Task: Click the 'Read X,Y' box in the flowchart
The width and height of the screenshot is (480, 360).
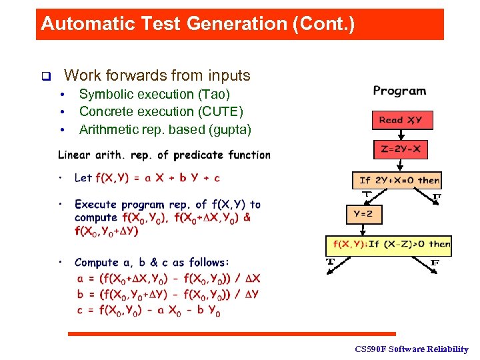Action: [x=401, y=120]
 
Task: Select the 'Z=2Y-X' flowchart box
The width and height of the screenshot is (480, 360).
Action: [x=401, y=149]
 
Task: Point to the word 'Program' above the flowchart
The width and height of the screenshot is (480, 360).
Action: [x=399, y=91]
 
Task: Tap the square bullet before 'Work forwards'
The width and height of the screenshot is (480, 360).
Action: [x=45, y=76]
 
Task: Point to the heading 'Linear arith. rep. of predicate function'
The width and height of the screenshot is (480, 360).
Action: [x=164, y=155]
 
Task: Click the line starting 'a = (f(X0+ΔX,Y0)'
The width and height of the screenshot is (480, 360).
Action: [x=168, y=279]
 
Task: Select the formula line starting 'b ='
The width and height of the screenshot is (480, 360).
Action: [x=168, y=294]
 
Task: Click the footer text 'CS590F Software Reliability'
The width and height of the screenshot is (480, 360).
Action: [x=411, y=349]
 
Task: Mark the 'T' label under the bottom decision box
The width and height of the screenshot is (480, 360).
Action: [x=329, y=262]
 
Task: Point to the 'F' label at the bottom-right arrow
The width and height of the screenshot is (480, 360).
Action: [x=435, y=263]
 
